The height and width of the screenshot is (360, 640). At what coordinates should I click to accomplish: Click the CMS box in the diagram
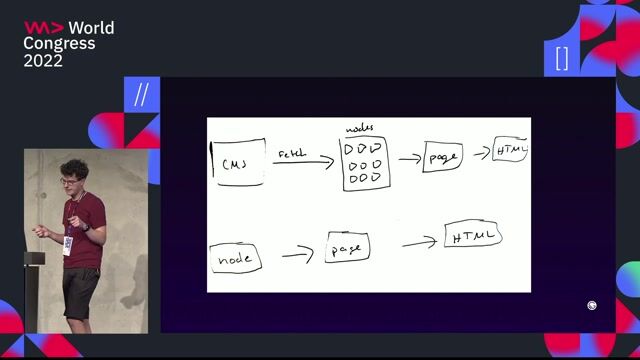pos(238,163)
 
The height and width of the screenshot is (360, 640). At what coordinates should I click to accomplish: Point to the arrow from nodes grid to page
pos(408,158)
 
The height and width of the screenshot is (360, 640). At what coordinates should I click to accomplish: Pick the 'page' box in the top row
pos(442,158)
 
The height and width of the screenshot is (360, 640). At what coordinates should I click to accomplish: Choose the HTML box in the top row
pos(510,152)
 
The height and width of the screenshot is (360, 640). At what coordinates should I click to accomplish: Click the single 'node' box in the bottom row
pos(236,259)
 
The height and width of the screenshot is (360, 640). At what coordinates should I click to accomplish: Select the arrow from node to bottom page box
pos(297,254)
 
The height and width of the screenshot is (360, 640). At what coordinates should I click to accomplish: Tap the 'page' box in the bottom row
pos(348,247)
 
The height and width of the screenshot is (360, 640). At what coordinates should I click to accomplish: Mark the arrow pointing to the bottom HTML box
pos(421,242)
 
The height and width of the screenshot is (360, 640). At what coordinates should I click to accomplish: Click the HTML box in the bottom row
pos(473,237)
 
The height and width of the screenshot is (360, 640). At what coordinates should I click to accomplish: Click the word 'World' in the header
pos(91,28)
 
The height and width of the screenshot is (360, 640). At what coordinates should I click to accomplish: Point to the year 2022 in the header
pos(43,61)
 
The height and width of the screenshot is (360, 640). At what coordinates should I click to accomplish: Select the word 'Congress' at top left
pos(59,44)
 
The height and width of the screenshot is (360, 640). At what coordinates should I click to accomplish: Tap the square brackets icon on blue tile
pos(561,58)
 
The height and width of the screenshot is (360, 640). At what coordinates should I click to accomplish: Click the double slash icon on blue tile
pos(141,95)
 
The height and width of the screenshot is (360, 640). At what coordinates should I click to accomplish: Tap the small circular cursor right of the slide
pos(592,306)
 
